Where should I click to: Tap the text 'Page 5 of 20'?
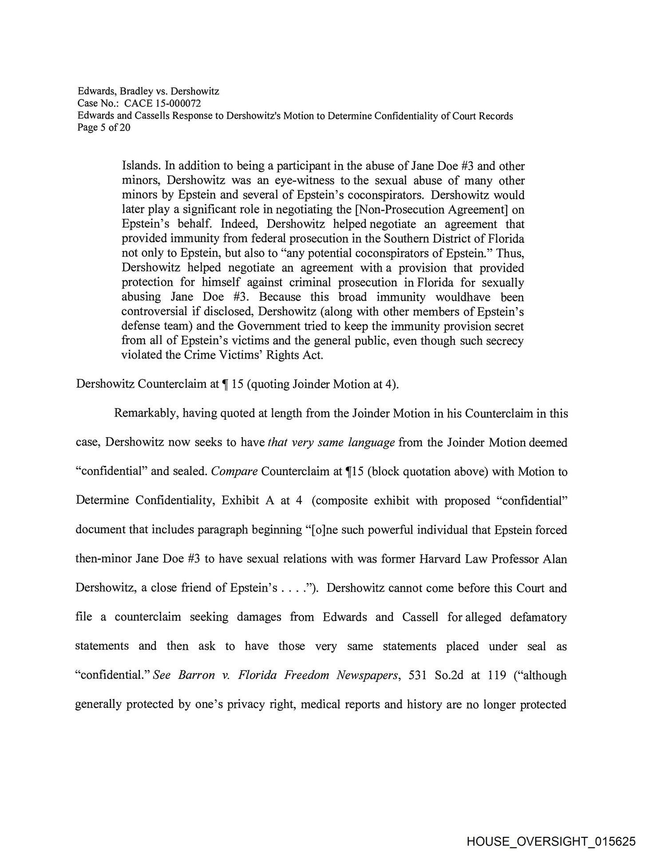104,128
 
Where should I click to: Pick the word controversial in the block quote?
155,312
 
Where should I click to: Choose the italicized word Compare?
234,472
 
